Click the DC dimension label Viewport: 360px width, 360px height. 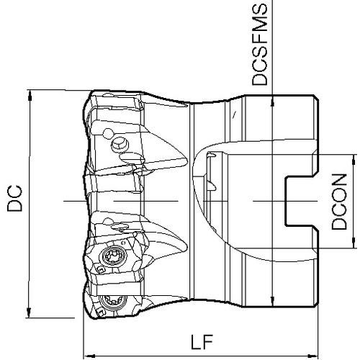14,198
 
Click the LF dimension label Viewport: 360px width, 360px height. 202,341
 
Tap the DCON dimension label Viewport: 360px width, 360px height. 339,202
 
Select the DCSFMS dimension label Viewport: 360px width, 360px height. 259,44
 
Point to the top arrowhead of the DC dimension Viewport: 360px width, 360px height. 30,95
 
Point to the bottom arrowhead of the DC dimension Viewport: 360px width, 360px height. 29,312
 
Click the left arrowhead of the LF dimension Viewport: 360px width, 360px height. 89,356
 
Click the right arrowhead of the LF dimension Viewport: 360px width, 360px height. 312,356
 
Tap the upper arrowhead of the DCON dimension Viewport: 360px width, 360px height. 354,160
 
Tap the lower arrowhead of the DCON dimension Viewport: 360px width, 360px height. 354,243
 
